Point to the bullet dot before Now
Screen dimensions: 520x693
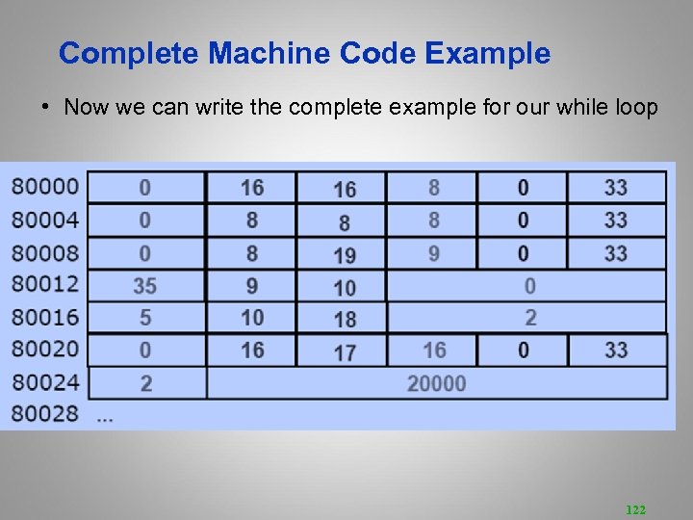tap(45, 107)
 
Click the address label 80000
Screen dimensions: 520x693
tap(45, 186)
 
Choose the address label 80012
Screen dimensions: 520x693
tap(45, 285)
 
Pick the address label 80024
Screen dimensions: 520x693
tap(45, 383)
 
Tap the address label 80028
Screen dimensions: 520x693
tap(45, 415)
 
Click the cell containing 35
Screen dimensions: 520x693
tap(145, 286)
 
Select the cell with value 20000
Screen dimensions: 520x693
tap(436, 383)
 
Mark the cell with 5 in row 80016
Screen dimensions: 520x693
tap(145, 317)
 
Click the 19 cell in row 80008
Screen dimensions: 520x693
tap(344, 255)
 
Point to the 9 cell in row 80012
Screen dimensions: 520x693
tap(252, 286)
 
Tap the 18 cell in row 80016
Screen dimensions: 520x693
tap(344, 319)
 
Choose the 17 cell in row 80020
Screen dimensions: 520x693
tap(344, 352)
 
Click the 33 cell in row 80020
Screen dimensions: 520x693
tap(616, 350)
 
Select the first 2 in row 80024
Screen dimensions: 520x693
tap(145, 383)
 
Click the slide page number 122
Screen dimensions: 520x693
tap(635, 509)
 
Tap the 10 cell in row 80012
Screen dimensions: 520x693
tap(344, 287)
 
